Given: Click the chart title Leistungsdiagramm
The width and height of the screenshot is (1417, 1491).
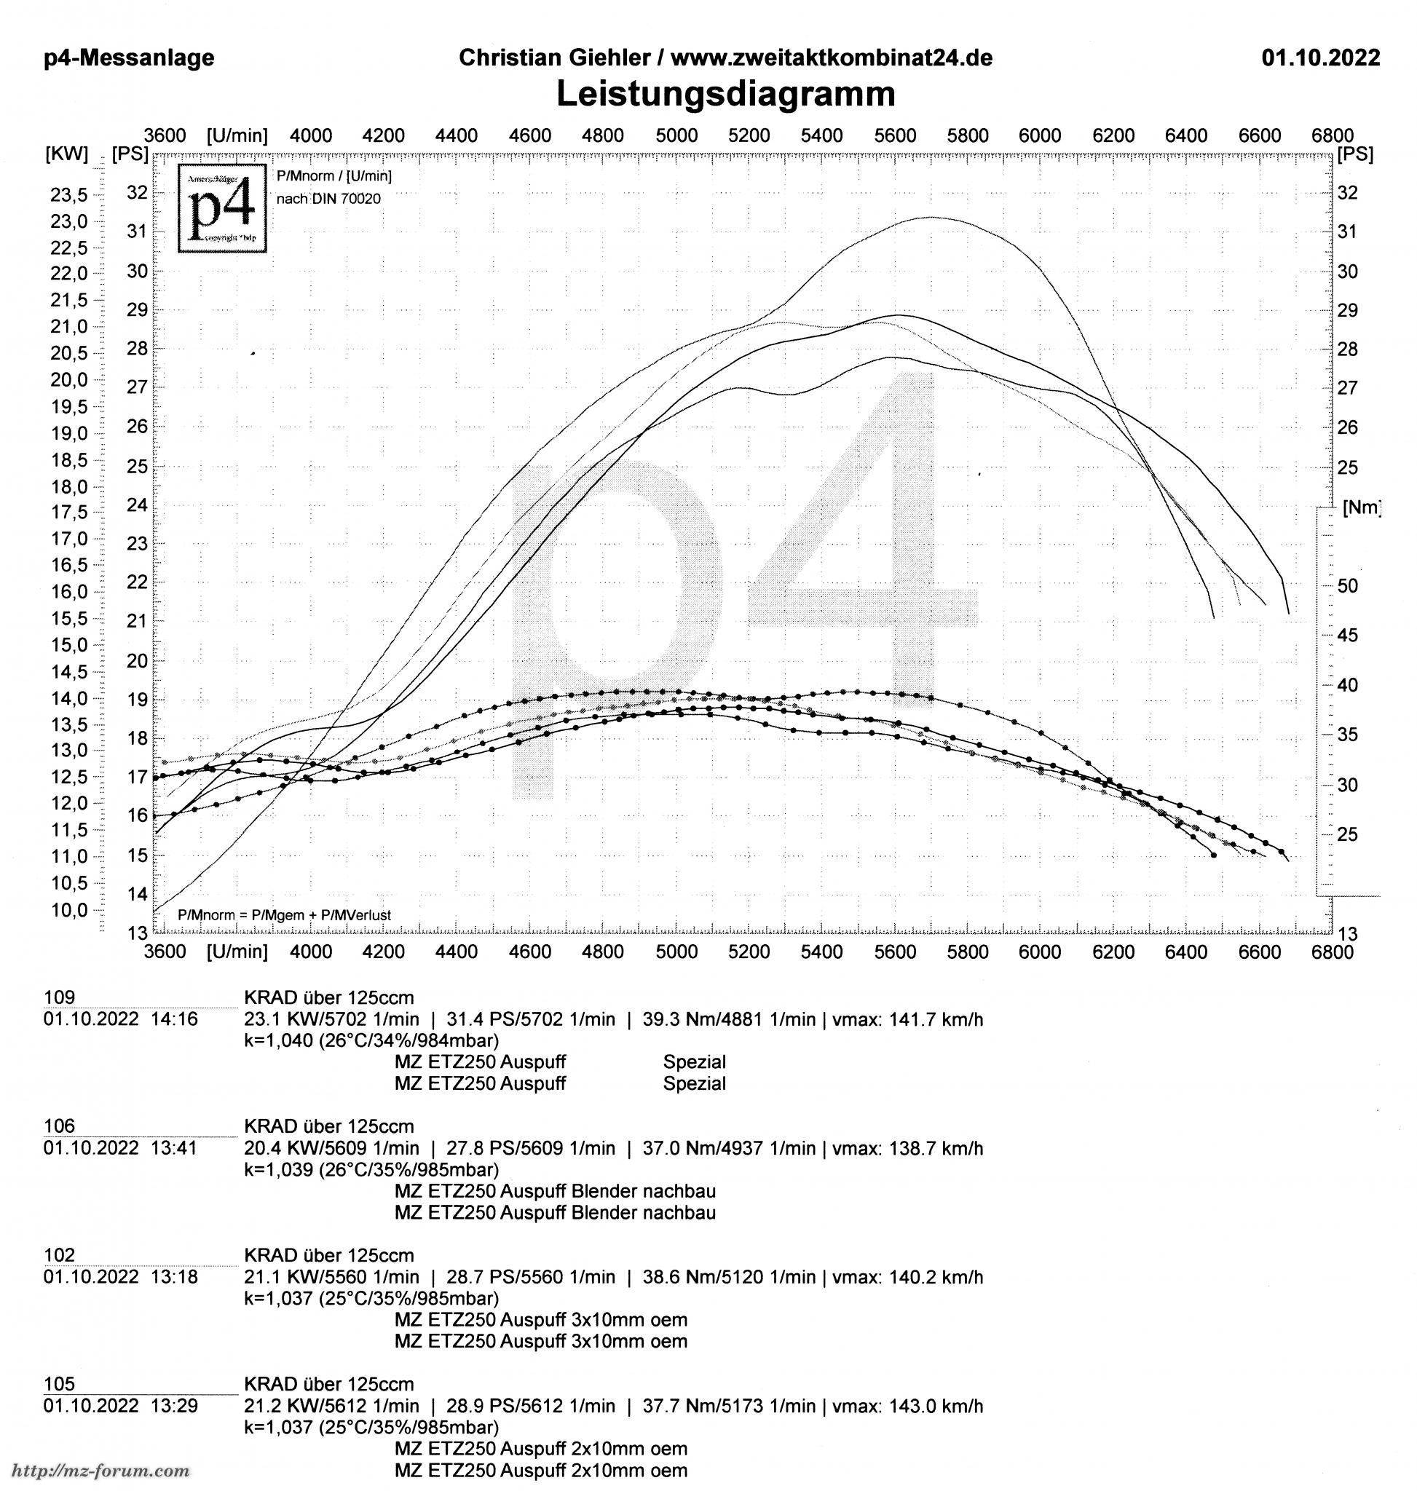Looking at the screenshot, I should click(725, 95).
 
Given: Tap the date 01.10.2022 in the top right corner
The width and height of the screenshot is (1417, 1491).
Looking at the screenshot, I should click(1320, 58).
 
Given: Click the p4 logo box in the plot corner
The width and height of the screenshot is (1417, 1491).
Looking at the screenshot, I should click(223, 207).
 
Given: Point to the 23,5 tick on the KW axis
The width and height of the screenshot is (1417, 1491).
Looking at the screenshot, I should click(68, 195).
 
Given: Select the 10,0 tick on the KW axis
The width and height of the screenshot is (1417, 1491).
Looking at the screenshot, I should click(68, 909).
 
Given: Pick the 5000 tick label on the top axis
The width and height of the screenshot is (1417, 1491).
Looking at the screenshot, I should click(676, 136).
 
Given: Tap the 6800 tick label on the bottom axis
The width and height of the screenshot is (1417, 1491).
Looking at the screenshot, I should click(1333, 952).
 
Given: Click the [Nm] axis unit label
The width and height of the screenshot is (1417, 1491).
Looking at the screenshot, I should click(1362, 507).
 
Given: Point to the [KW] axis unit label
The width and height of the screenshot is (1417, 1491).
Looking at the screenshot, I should click(67, 155).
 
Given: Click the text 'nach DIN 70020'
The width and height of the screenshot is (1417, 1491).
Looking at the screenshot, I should click(328, 199).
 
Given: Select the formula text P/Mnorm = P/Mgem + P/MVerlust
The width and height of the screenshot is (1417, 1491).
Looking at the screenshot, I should click(284, 915).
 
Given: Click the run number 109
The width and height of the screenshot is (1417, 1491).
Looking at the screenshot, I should click(60, 998).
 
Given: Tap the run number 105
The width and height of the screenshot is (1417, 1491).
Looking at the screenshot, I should click(60, 1384).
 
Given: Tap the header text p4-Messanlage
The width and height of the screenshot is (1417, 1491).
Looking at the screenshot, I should click(129, 58).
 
